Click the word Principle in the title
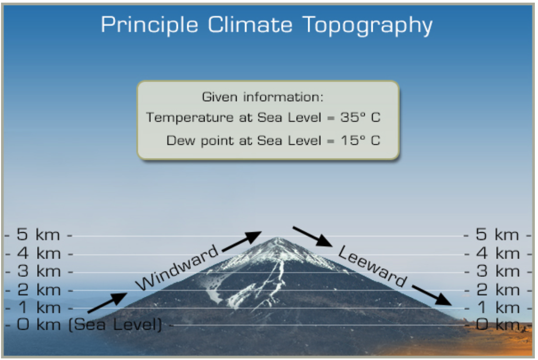(x=149, y=25)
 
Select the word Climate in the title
(x=256, y=25)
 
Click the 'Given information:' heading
(x=263, y=97)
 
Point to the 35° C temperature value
(x=360, y=117)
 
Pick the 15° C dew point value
(x=360, y=140)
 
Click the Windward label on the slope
(x=177, y=267)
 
